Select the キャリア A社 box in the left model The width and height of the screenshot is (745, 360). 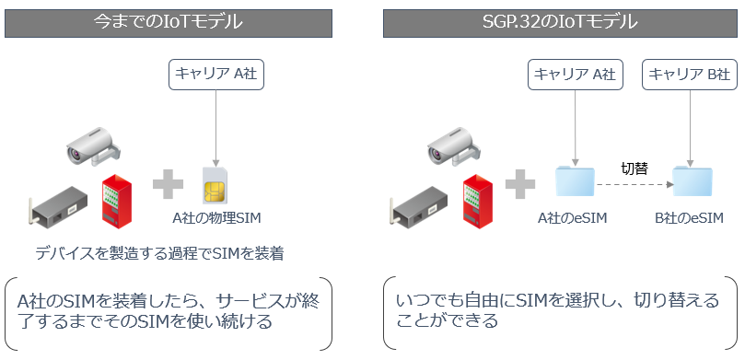coord(215,75)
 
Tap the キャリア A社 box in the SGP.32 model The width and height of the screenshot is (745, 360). coord(574,75)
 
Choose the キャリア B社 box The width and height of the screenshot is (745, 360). coord(690,75)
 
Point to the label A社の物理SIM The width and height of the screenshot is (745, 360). coord(215,218)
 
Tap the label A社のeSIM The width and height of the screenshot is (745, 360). coord(574,218)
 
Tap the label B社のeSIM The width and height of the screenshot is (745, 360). coord(690,218)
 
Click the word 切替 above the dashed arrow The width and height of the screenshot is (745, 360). coord(634,169)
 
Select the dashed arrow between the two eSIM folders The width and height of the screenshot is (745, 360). coord(634,185)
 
